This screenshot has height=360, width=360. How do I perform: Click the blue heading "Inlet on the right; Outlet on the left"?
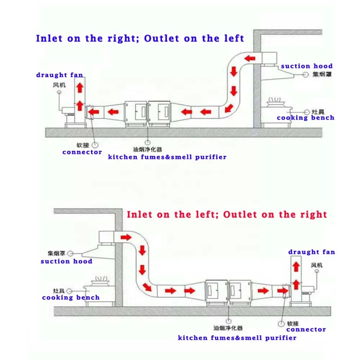pyautogui.click(x=140, y=38)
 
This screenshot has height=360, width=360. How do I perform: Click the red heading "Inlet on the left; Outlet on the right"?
pyautogui.click(x=227, y=215)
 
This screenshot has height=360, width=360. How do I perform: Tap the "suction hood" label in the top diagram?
pyautogui.click(x=307, y=66)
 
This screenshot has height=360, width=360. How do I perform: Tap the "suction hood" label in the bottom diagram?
pyautogui.click(x=66, y=261)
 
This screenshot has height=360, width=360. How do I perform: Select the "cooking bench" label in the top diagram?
pyautogui.click(x=305, y=118)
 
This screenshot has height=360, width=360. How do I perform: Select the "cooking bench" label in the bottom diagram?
pyautogui.click(x=71, y=297)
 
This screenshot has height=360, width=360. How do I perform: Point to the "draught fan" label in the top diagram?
pyautogui.click(x=59, y=75)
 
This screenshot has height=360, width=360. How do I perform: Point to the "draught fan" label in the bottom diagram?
pyautogui.click(x=311, y=252)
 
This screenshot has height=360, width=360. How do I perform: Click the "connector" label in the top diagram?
pyautogui.click(x=82, y=152)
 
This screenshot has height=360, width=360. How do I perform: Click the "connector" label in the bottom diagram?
pyautogui.click(x=306, y=329)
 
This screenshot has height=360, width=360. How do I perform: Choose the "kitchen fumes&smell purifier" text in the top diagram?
pyautogui.click(x=167, y=157)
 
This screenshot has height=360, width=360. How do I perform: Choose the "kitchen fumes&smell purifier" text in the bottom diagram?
pyautogui.click(x=237, y=338)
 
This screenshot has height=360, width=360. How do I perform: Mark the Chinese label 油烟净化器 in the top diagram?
pyautogui.click(x=148, y=149)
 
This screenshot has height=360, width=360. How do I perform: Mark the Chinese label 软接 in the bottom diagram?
pyautogui.click(x=293, y=324)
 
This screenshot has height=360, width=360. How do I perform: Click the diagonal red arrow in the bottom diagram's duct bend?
pyautogui.click(x=147, y=287)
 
